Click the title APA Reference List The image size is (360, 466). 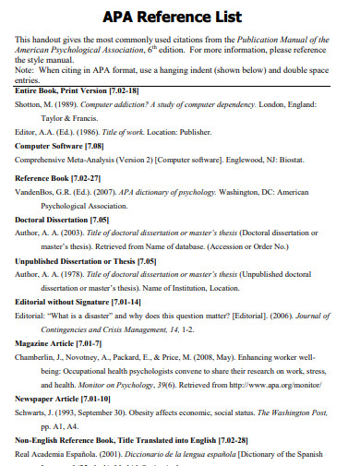click(x=179, y=18)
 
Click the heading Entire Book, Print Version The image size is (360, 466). click(x=76, y=90)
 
